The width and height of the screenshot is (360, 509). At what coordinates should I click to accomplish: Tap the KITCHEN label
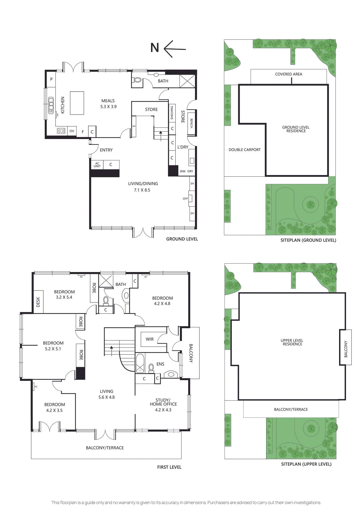pyautogui.click(x=63, y=105)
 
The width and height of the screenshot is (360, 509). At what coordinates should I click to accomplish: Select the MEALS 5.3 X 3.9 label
pyautogui.click(x=108, y=104)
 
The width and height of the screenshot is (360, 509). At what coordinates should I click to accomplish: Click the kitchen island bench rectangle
pyautogui.click(x=77, y=103)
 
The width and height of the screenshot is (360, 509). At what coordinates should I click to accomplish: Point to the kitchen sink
pyautogui.click(x=51, y=105)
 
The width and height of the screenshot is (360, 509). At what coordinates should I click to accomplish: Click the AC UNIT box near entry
pyautogui.click(x=97, y=165)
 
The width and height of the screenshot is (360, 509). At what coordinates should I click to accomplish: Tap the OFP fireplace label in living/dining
pyautogui.click(x=185, y=199)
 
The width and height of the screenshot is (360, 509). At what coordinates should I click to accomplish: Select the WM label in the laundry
pyautogui.click(x=182, y=171)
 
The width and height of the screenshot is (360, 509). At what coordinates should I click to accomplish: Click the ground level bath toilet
pyautogui.click(x=137, y=80)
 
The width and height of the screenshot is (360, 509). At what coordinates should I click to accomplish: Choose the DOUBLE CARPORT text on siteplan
pyautogui.click(x=244, y=150)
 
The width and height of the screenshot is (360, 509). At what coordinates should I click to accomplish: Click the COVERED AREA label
pyautogui.click(x=288, y=74)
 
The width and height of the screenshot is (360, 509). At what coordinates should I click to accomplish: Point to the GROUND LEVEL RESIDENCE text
pyautogui.click(x=296, y=129)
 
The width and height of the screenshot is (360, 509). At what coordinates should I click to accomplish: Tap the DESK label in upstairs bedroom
pyautogui.click(x=38, y=302)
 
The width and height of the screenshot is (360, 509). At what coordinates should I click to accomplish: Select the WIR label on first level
pyautogui.click(x=149, y=339)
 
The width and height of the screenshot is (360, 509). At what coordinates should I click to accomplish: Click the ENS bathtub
pyautogui.click(x=140, y=363)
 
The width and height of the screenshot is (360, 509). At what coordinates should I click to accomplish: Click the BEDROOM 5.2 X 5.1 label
pyautogui.click(x=53, y=346)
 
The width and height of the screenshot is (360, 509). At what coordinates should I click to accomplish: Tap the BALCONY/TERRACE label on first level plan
pyautogui.click(x=105, y=448)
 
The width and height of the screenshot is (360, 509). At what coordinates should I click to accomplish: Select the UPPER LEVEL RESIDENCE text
pyautogui.click(x=292, y=342)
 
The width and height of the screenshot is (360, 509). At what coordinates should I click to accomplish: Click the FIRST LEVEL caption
pyautogui.click(x=169, y=467)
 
